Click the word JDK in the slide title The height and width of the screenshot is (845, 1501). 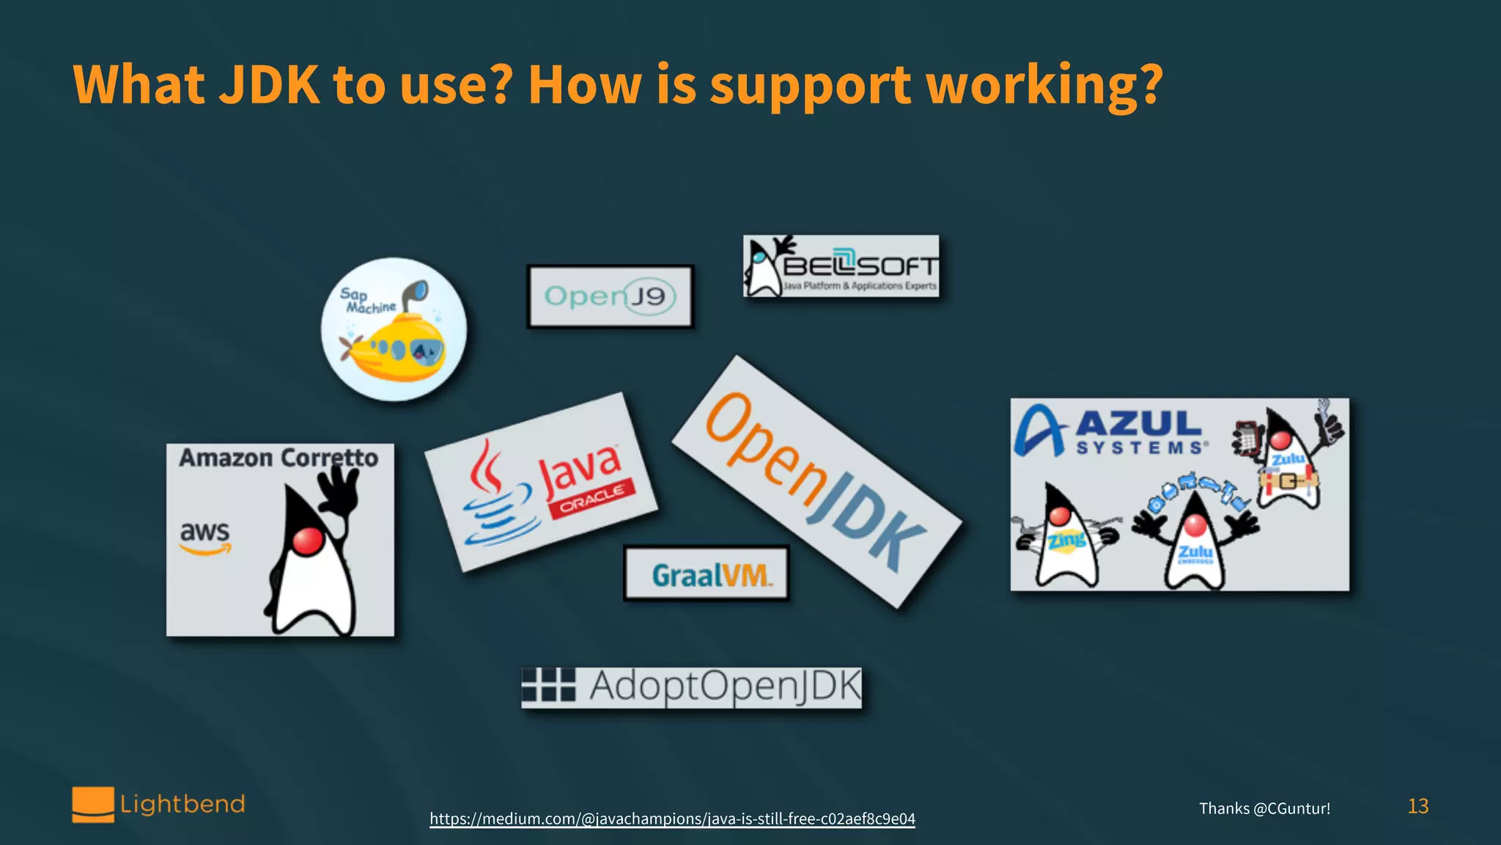click(x=270, y=85)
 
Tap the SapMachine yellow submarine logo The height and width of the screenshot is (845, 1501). click(x=394, y=329)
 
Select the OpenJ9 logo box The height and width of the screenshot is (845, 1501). click(x=610, y=296)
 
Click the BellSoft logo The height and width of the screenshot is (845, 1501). click(x=841, y=266)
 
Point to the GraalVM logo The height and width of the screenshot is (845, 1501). click(x=707, y=574)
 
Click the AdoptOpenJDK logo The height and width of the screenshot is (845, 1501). click(x=691, y=687)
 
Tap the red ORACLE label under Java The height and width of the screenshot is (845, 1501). click(x=592, y=498)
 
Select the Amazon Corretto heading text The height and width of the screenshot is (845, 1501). click(x=279, y=458)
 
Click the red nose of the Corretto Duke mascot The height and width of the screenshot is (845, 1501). click(x=308, y=541)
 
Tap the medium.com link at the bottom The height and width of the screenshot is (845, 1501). click(x=672, y=819)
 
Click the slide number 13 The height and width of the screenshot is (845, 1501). click(x=1417, y=806)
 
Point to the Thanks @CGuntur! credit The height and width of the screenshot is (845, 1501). click(x=1264, y=808)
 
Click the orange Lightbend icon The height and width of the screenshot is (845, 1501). click(x=93, y=805)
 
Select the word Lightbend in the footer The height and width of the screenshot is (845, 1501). click(x=182, y=804)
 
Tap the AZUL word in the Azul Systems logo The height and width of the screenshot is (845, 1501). click(x=1138, y=423)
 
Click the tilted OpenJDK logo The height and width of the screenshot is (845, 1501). click(x=816, y=482)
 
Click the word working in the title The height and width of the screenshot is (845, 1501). click(x=1044, y=85)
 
